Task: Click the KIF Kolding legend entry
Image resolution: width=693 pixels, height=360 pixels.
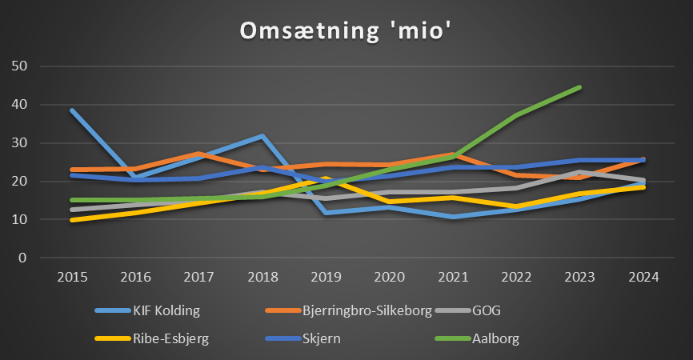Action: coord(159,310)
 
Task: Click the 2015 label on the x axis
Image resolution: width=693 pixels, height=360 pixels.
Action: coord(73,278)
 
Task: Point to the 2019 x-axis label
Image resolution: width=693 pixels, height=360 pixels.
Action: coord(326,278)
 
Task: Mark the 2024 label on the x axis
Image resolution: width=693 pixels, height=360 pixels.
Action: coord(643,278)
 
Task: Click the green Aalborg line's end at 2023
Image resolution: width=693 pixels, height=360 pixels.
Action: coord(579,87)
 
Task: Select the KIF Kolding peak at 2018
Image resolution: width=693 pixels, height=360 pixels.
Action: coord(262,136)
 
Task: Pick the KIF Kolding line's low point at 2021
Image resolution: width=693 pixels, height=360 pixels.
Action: coord(453,217)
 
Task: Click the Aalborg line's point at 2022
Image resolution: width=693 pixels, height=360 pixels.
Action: coord(516,115)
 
